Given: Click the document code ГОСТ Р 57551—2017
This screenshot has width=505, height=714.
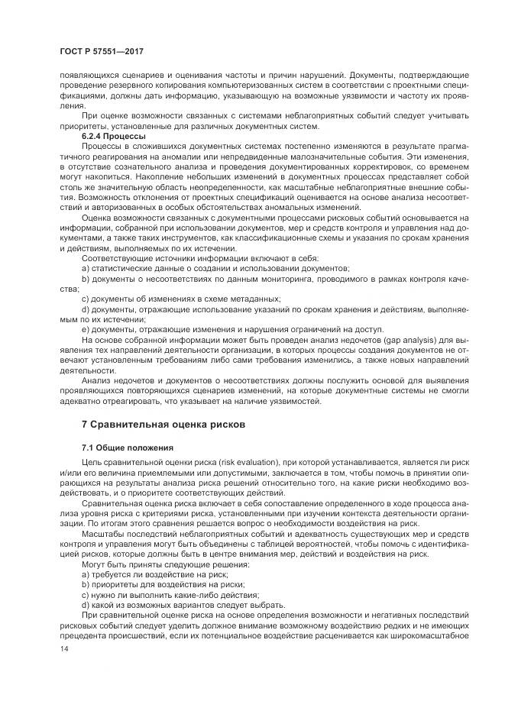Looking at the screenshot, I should pos(102,50).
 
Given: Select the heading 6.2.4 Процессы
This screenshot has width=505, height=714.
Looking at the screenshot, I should pos(113,136).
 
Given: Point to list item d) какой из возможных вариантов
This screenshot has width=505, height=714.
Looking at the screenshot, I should pos(175,603).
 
